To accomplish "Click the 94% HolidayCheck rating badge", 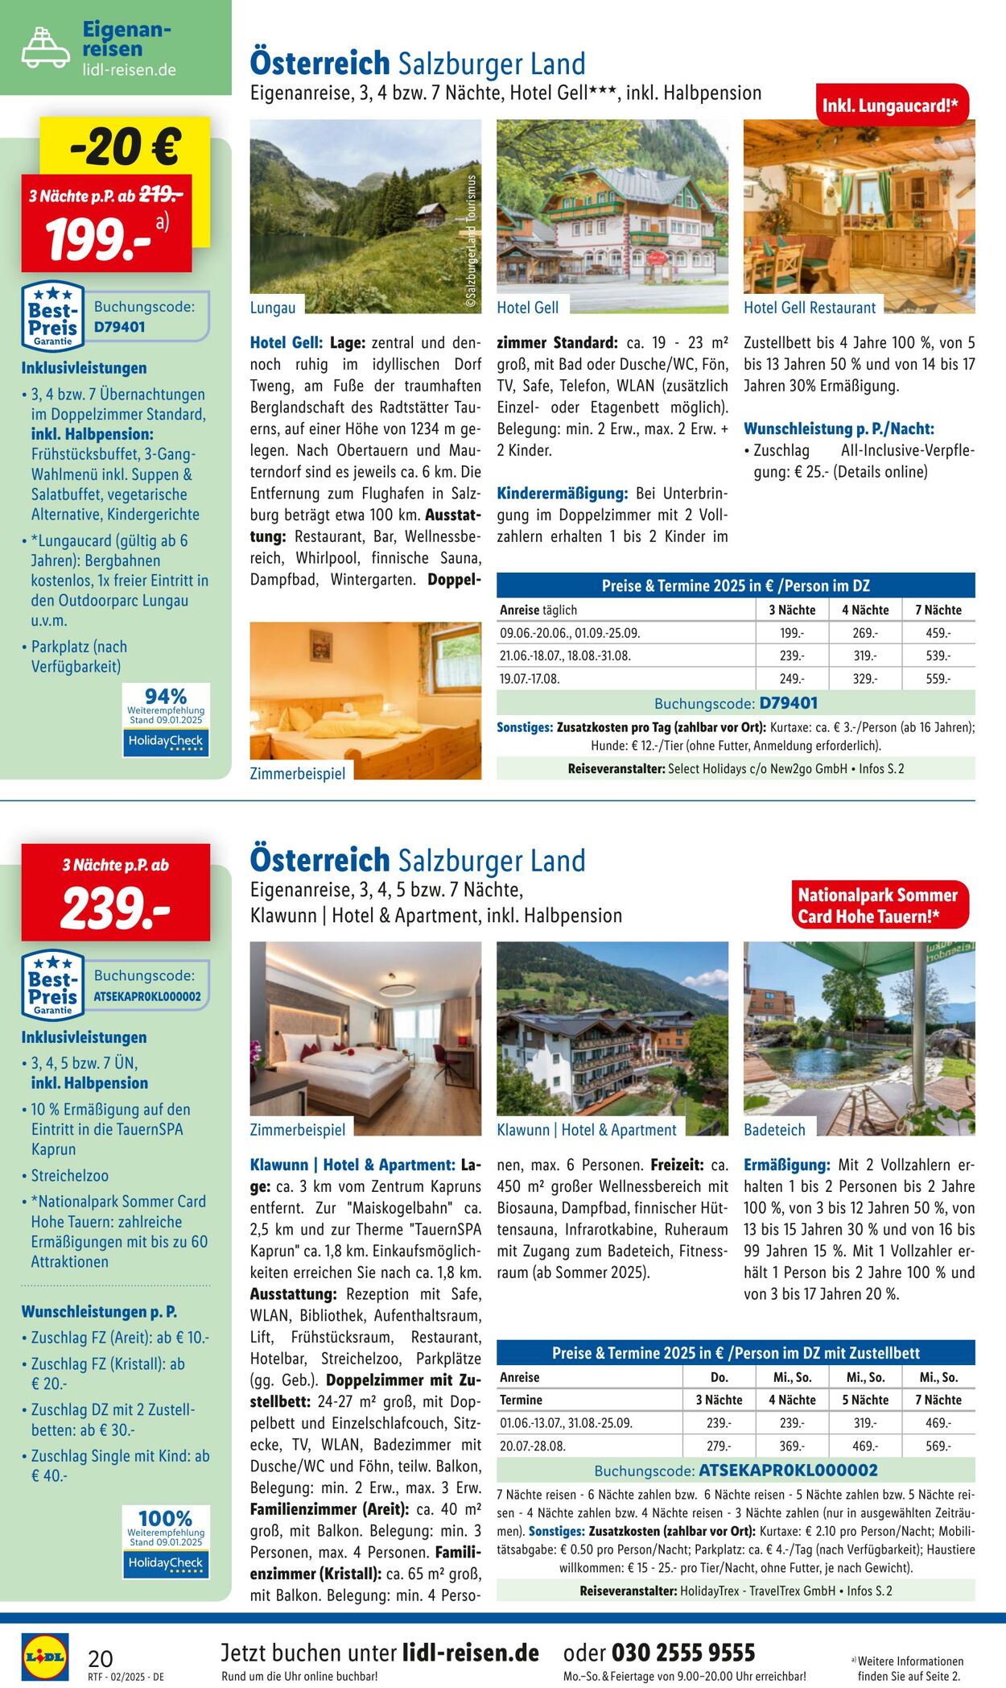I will pos(166,720).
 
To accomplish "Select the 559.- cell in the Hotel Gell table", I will pos(938,679).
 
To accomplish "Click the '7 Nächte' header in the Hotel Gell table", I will pos(938,610).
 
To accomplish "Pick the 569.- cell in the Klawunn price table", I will pos(938,1446).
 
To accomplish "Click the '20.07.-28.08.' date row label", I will pos(533,1446).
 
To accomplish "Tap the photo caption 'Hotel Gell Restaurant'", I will pos(810,308).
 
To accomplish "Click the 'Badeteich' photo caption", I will pos(774,1130).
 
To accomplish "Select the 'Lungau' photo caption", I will pos(273,308).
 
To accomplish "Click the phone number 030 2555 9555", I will pos(683,1653).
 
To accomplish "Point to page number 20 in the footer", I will pos(101,1658).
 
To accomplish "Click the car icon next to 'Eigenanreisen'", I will pos(45,48).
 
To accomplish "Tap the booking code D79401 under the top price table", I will pos(788,703).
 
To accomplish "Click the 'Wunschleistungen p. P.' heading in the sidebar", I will pos(99,1312).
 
